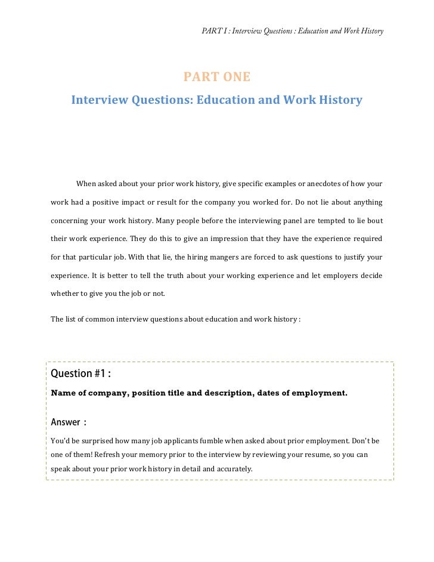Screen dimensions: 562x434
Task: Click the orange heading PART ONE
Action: pyautogui.click(x=217, y=77)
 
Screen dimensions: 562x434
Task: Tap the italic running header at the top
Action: pyautogui.click(x=293, y=30)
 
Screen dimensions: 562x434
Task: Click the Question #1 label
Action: pyautogui.click(x=80, y=374)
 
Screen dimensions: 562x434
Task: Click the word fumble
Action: pyautogui.click(x=199, y=441)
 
